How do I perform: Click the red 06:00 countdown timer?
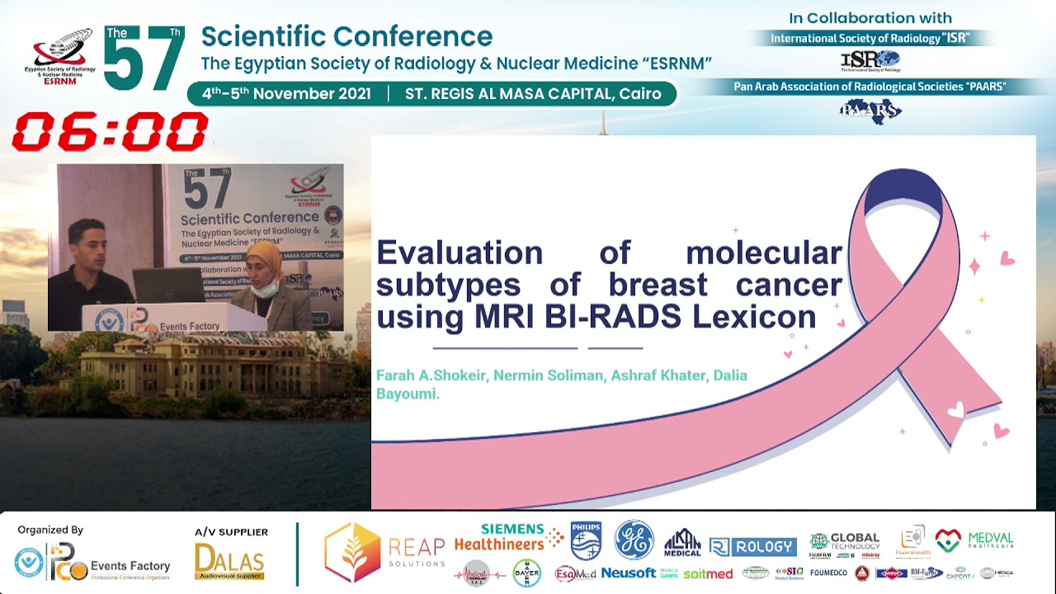[x=110, y=132]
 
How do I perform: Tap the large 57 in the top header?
[x=144, y=60]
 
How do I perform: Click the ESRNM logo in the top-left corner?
[x=59, y=55]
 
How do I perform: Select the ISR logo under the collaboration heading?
[x=870, y=60]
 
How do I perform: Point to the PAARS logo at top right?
[x=870, y=110]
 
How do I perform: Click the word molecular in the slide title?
[x=763, y=252]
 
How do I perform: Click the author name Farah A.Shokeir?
[x=431, y=375]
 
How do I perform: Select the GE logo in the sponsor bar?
[x=634, y=540]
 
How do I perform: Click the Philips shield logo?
[x=586, y=540]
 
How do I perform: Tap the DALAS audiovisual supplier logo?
[x=229, y=561]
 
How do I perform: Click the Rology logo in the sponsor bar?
[x=752, y=546]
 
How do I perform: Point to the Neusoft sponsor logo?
[x=629, y=573]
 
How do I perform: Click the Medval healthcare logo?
[x=973, y=540]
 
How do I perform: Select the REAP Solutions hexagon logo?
[x=353, y=552]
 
